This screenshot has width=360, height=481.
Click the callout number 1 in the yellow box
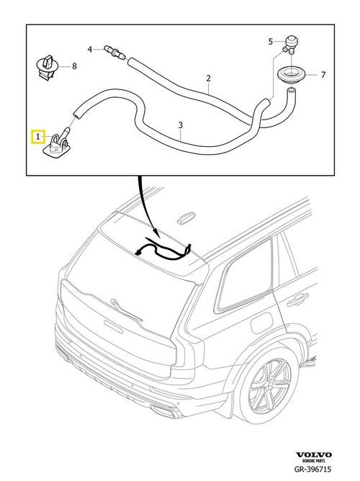point(37,137)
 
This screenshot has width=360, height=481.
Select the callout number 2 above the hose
point(209,78)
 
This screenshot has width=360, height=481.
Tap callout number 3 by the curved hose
point(181,125)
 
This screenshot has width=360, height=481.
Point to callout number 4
point(90,49)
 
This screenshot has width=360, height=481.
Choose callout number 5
point(270,42)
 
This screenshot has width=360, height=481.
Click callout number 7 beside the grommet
point(323,75)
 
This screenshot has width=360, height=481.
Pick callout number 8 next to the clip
point(74,66)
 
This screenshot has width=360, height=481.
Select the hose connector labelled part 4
point(114,52)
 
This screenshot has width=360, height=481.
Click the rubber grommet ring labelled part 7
point(292,75)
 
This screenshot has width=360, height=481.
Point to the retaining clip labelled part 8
point(48,68)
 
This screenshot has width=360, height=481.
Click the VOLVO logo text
point(313,454)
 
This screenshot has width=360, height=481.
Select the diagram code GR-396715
point(312,469)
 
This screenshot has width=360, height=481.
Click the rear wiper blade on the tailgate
point(127,310)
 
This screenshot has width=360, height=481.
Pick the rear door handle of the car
point(297,300)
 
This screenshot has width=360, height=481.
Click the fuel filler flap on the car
point(261,323)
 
